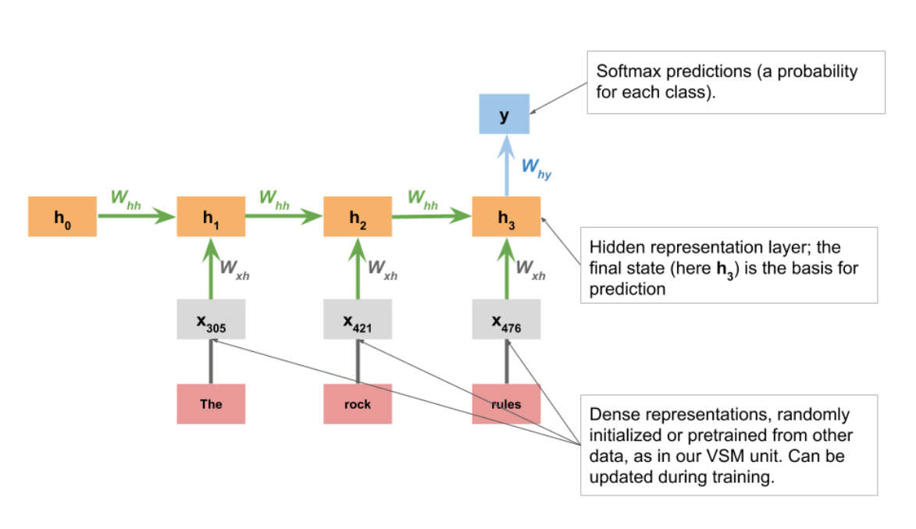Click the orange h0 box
[x=62, y=217]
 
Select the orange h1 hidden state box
[x=211, y=217]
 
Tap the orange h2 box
[x=358, y=217]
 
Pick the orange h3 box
[x=506, y=217]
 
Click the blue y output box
[x=504, y=115]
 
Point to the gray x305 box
[x=211, y=319]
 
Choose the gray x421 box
[x=358, y=319]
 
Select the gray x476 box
[x=506, y=319]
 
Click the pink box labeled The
[x=211, y=403]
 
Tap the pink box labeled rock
[x=358, y=403]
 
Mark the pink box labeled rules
[x=506, y=403]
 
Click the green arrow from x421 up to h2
[x=358, y=269]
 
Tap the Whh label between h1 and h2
[x=274, y=199]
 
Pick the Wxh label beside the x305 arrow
[x=235, y=269]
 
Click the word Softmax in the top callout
[x=626, y=72]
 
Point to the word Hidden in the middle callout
[x=615, y=247]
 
